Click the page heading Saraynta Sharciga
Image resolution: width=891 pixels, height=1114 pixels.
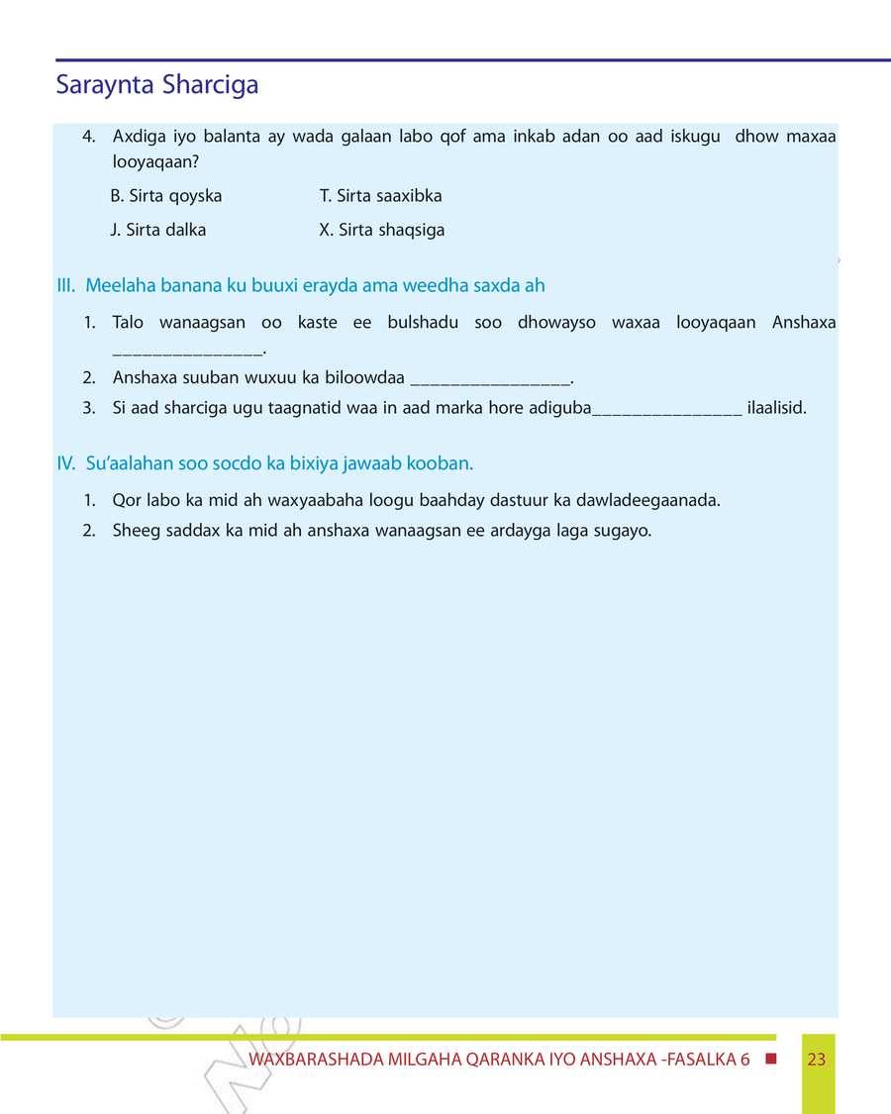click(x=156, y=85)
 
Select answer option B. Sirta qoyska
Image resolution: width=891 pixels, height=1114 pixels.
click(x=166, y=196)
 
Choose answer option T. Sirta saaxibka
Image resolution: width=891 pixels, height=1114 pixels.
click(x=381, y=196)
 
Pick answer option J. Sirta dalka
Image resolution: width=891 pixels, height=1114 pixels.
click(x=158, y=230)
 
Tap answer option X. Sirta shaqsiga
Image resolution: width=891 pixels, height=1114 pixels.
click(x=382, y=230)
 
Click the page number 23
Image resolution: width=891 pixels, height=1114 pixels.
click(x=817, y=1060)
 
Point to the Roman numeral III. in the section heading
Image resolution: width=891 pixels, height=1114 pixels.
click(x=66, y=286)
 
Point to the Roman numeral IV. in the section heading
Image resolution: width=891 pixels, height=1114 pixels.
click(x=67, y=463)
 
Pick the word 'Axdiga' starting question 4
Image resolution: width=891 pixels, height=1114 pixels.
click(x=137, y=137)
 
